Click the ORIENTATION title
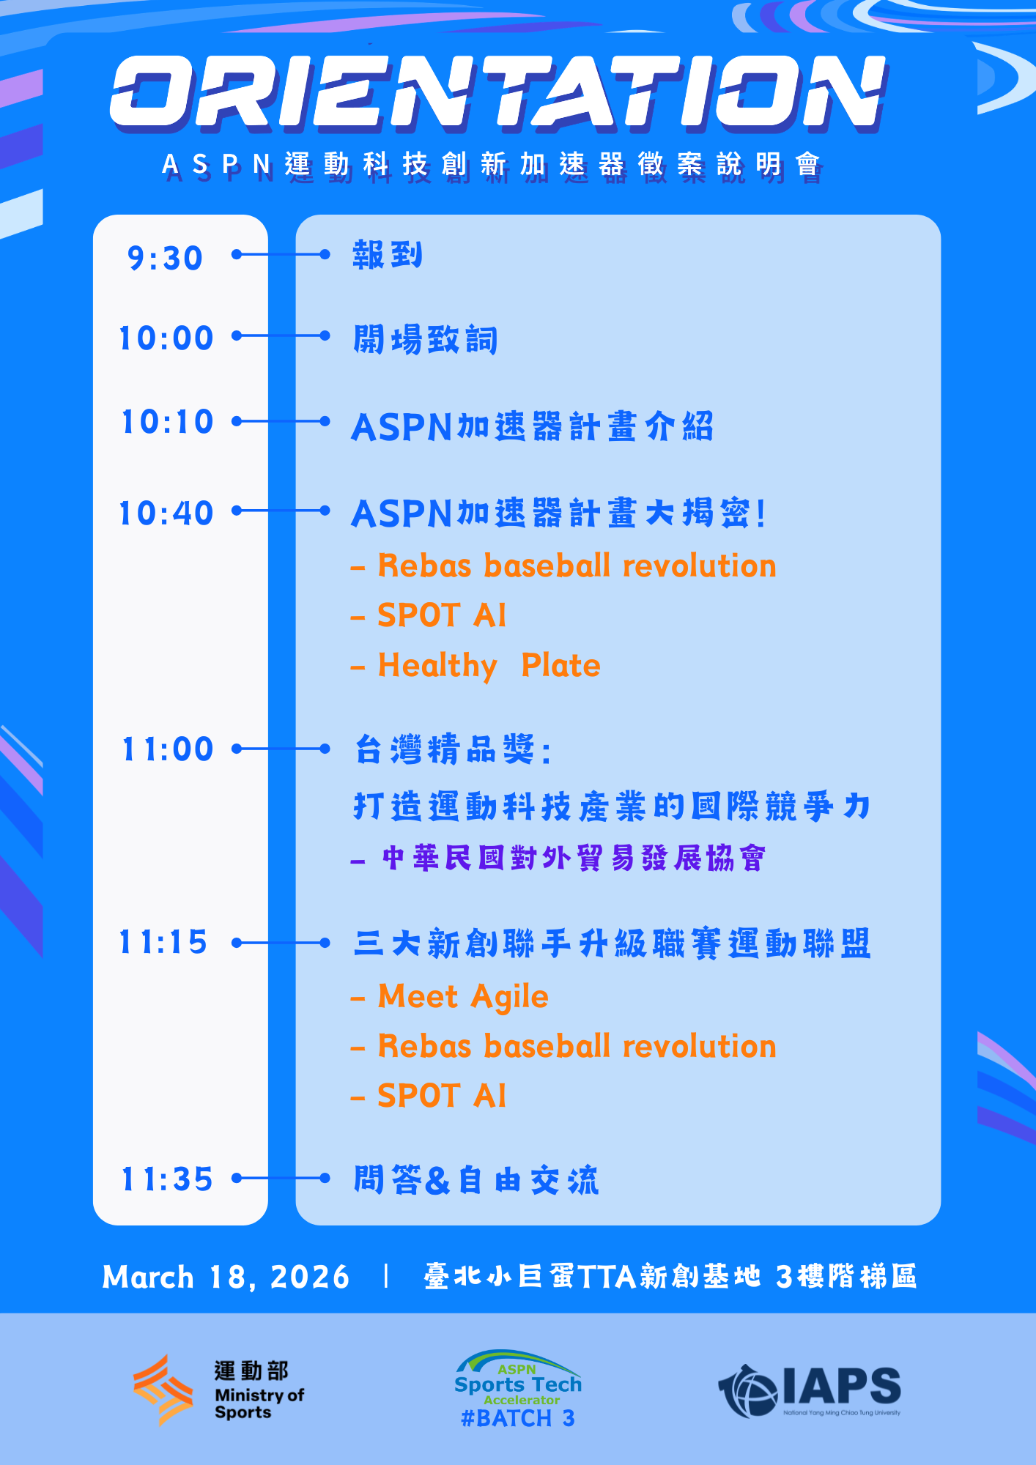coord(498,92)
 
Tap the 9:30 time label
coord(165,258)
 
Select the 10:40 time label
coord(166,513)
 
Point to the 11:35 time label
coord(167,1179)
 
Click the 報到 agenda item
coord(387,255)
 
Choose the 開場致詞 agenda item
coord(425,340)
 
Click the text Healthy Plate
coord(489,665)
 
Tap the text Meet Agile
coord(463,996)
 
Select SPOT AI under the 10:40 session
coord(441,615)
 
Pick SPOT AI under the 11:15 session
coord(441,1096)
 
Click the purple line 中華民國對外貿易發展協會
coord(573,858)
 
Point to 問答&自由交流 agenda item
coord(476,1180)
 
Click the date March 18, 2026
coord(226,1277)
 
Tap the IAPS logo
coord(810,1390)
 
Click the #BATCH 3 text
coord(517,1419)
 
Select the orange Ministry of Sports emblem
coord(163,1390)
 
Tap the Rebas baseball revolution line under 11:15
coord(577,1046)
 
